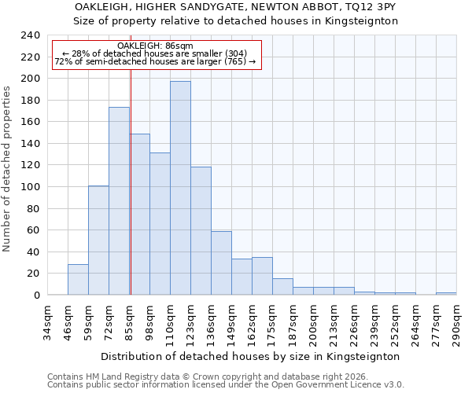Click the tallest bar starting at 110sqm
coord(180,189)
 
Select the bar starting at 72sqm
coord(119,201)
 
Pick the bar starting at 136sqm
coord(221,263)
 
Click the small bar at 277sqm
coord(446,293)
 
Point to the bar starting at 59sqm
coord(98,241)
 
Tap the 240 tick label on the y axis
coord(29,35)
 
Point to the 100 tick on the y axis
coord(29,187)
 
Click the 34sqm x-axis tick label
coord(48,324)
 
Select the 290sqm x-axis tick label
coord(456,324)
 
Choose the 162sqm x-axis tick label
coord(252,324)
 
